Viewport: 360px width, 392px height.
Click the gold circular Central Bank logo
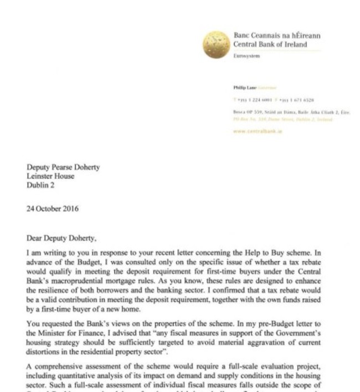(217, 44)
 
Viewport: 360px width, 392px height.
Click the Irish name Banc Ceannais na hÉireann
(277, 36)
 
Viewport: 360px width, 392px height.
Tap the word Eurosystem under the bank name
(247, 56)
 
